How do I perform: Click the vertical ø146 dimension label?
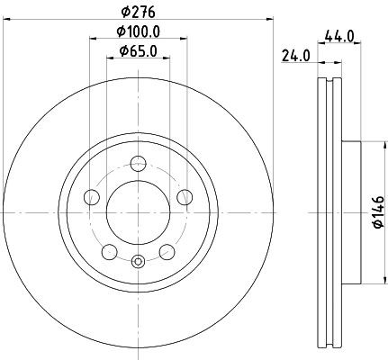(x=379, y=211)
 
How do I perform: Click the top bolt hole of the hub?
(x=138, y=163)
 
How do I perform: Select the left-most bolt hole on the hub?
(x=90, y=198)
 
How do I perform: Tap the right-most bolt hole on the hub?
(x=185, y=198)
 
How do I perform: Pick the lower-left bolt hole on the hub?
(x=109, y=252)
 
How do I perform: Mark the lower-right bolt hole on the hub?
(x=167, y=252)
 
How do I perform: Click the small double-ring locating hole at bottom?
(x=138, y=262)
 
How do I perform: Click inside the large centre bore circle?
(x=138, y=212)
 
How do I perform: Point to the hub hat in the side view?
(x=351, y=212)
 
